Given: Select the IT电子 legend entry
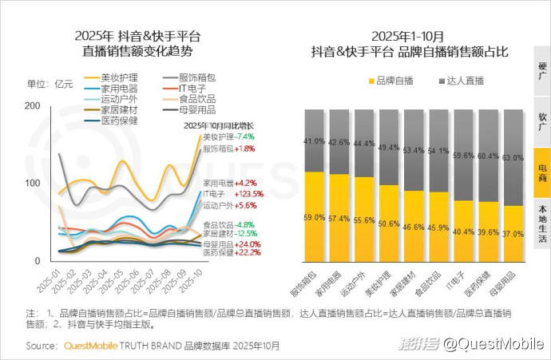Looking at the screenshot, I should (x=186, y=88).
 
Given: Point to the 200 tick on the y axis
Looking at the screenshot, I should (x=33, y=106).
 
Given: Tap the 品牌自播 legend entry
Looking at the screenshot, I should (x=390, y=81).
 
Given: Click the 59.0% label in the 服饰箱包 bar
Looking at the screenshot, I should (x=315, y=217).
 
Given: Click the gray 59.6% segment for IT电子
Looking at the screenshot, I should (x=463, y=156).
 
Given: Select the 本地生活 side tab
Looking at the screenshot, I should (x=542, y=223).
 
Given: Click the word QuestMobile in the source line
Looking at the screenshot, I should (x=88, y=346).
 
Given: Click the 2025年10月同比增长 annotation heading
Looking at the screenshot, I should (x=218, y=126).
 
